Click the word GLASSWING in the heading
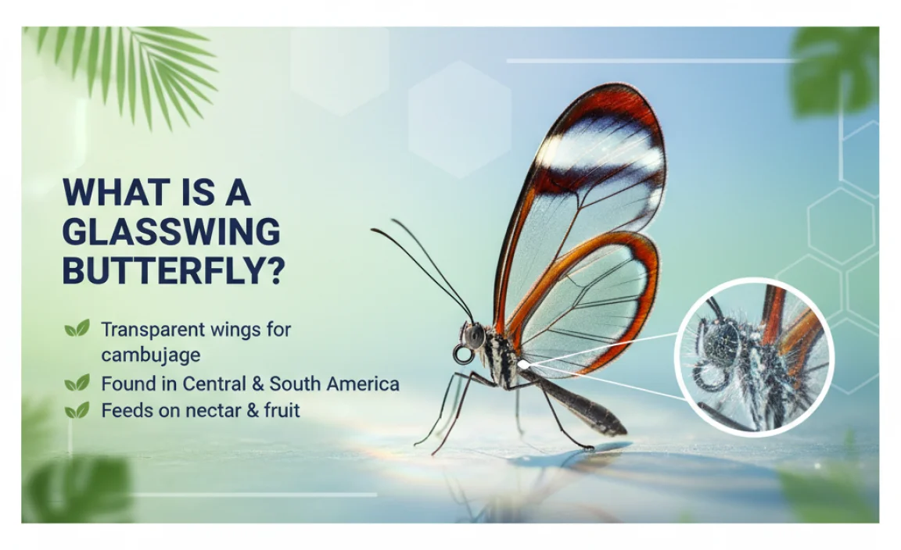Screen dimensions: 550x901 (x=171, y=232)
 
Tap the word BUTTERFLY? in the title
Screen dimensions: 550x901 (x=174, y=271)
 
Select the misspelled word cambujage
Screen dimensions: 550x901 (x=150, y=355)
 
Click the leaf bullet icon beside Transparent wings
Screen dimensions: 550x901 (x=77, y=330)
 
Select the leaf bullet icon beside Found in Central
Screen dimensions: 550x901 (x=77, y=384)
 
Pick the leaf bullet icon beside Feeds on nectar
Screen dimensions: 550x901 (x=77, y=410)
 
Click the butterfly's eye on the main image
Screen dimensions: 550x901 (x=474, y=336)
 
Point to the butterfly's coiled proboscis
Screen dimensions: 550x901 (x=463, y=355)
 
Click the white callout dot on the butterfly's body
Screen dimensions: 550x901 (x=522, y=364)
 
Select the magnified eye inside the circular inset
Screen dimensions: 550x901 (x=724, y=341)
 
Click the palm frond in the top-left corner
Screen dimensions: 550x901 (x=125, y=66)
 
